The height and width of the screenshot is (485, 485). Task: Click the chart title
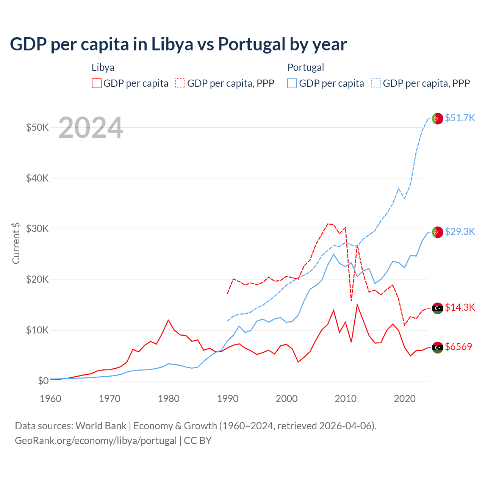tap(178, 44)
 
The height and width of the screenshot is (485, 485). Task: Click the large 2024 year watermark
tap(91, 128)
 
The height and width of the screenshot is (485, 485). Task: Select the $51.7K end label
tap(460, 118)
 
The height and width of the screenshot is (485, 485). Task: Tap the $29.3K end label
tap(460, 232)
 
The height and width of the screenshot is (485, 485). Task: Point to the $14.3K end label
tap(460, 307)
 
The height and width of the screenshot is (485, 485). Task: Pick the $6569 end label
tap(458, 347)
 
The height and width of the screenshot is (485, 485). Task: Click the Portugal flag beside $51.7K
tap(438, 119)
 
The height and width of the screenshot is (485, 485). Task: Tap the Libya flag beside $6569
tap(438, 347)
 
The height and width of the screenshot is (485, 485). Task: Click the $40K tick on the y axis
tap(37, 178)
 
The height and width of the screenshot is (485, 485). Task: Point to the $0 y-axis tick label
tap(43, 381)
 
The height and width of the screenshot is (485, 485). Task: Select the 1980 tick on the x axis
tap(169, 399)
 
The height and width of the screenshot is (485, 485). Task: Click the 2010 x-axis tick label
tap(346, 399)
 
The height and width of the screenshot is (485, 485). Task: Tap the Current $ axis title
tap(16, 242)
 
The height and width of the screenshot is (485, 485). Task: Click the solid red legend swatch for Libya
tap(97, 83)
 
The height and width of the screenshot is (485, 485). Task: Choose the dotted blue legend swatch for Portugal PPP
tap(376, 83)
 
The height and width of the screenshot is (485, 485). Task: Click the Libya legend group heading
tap(103, 67)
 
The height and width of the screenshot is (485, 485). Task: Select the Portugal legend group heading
tap(306, 67)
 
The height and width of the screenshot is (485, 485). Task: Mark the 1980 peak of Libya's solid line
tap(168, 320)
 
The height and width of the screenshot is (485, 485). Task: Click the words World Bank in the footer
tap(101, 426)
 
